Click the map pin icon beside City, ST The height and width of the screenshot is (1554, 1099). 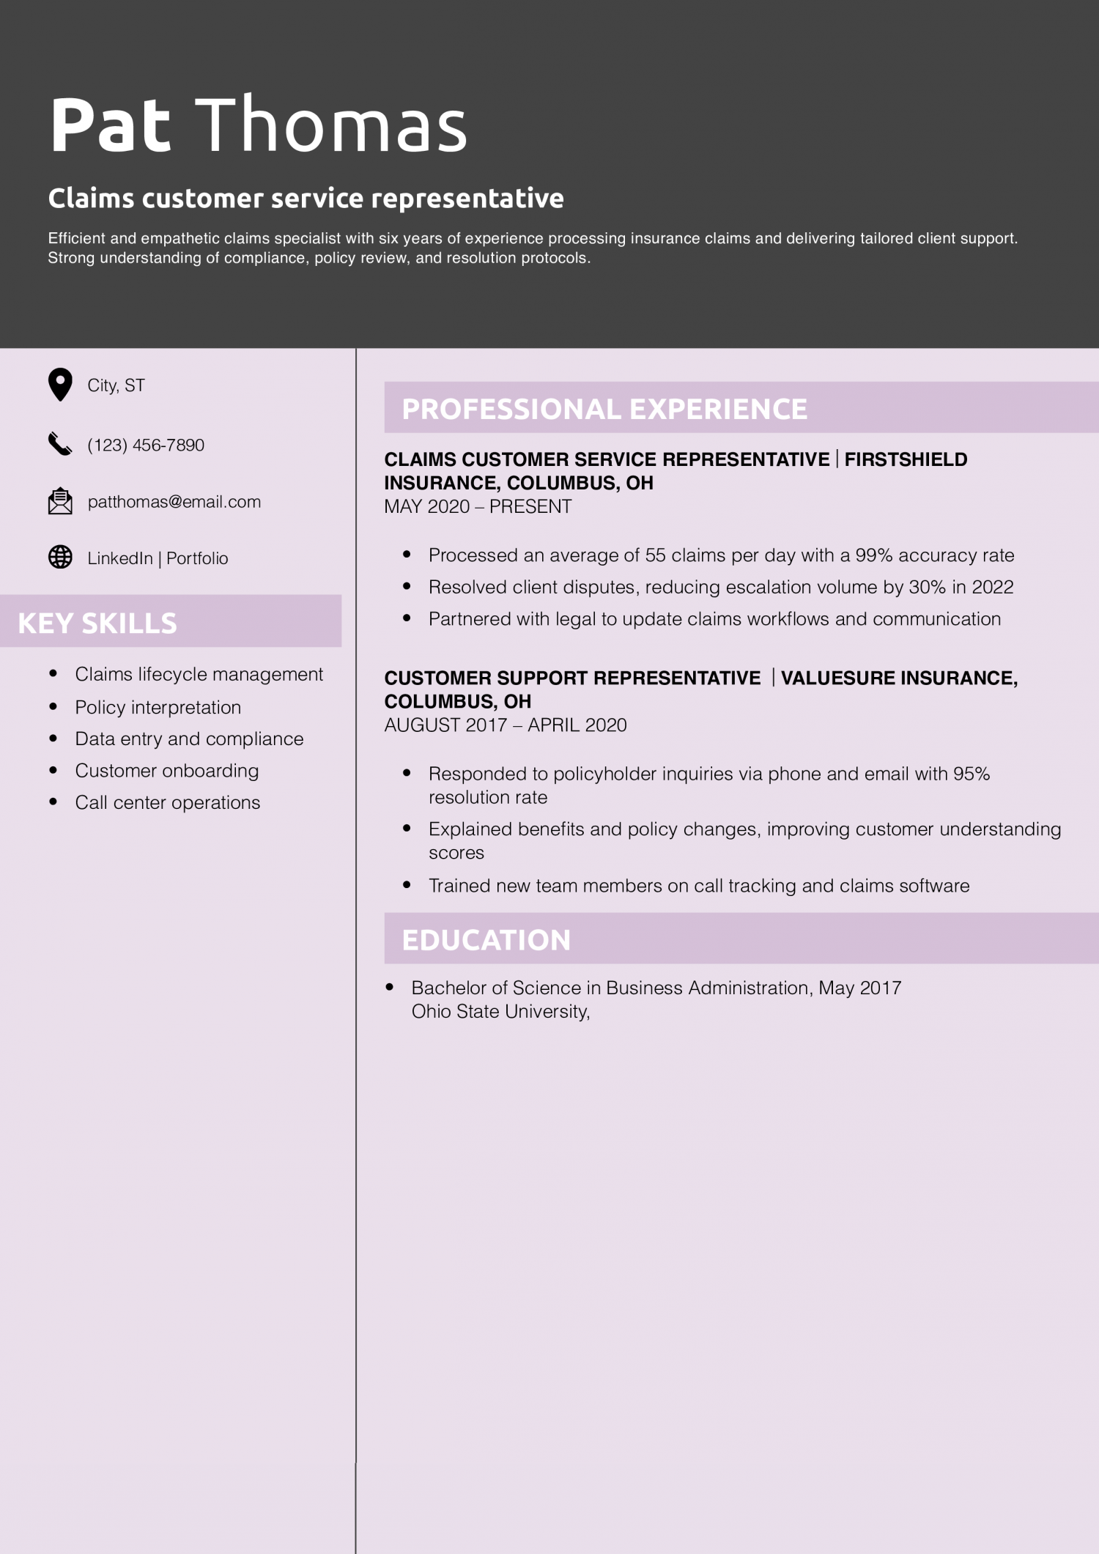coord(60,384)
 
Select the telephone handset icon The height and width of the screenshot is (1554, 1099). coord(60,444)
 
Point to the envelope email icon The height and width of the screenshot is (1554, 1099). coord(60,501)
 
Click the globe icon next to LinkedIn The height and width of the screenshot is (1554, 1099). coord(60,558)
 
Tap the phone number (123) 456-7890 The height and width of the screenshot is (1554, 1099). coord(146,445)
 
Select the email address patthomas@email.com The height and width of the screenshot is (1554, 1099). coord(174,502)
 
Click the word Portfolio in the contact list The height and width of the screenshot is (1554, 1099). coord(197,558)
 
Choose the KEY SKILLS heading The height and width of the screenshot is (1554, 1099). coord(97,623)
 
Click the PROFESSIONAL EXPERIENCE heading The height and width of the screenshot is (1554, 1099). coord(604,409)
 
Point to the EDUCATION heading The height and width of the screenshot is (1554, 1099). coord(486,940)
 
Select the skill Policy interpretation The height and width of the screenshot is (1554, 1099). coord(158,707)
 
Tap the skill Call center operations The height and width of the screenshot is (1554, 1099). coord(167,802)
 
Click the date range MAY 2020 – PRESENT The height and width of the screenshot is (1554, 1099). coord(478,506)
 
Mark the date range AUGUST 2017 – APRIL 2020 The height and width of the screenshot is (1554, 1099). coord(506,725)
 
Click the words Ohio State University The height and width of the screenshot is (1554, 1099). coord(500,1012)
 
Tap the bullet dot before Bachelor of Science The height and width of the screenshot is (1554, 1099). coord(390,988)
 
